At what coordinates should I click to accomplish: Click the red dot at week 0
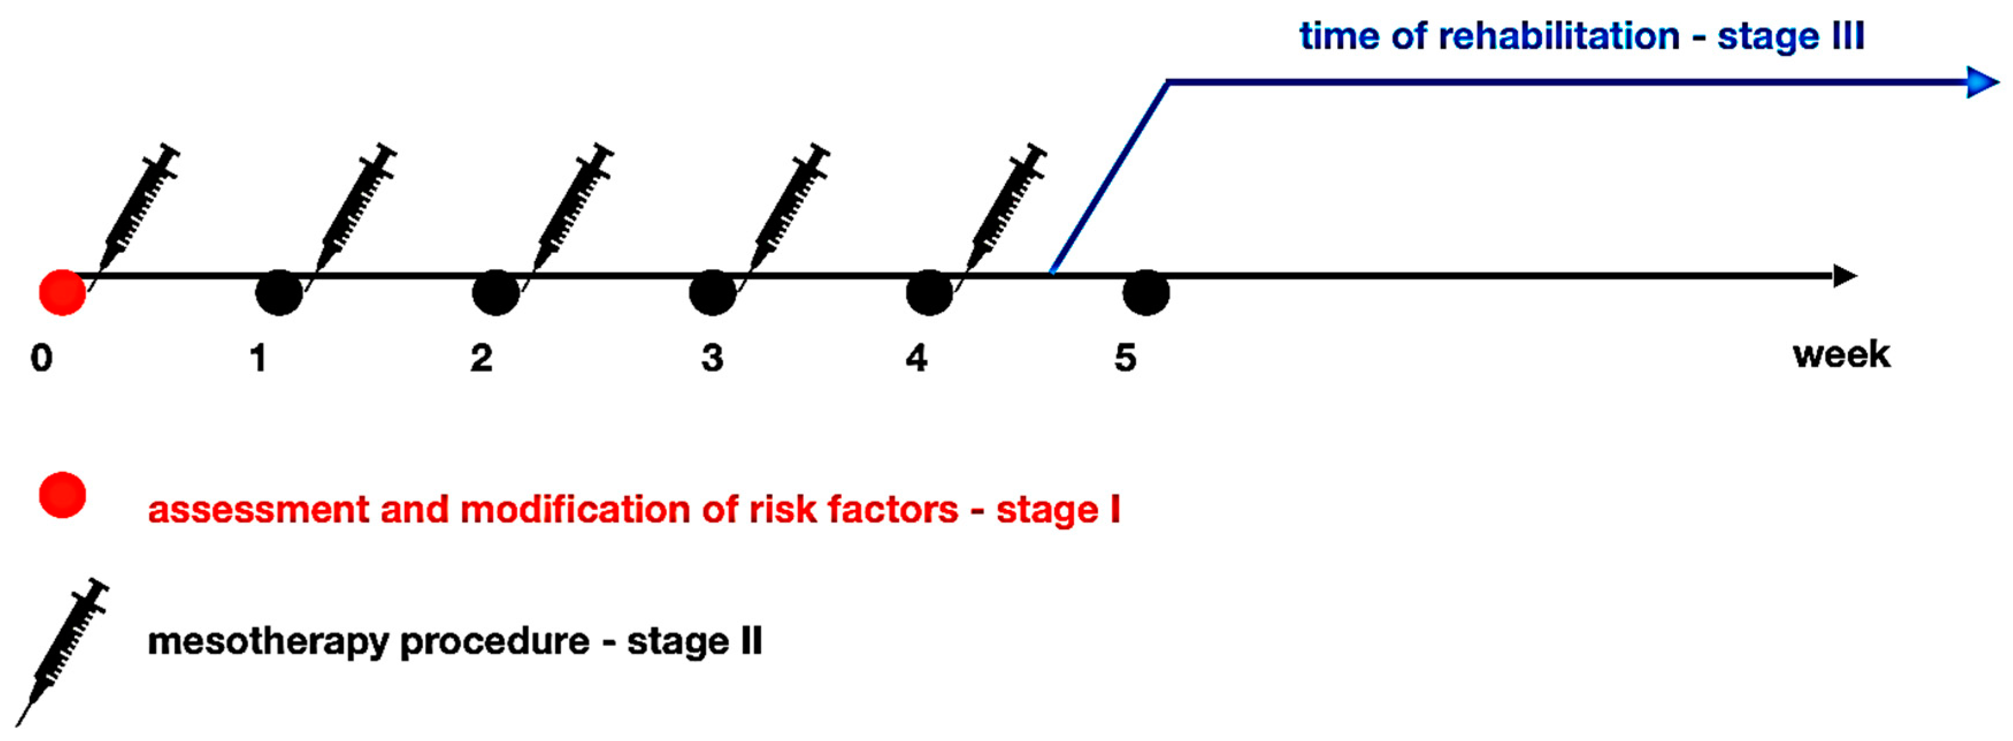(x=63, y=293)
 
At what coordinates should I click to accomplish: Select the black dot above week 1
(x=279, y=293)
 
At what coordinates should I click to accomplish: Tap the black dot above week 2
(x=496, y=293)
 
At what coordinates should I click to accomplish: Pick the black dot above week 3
(x=712, y=293)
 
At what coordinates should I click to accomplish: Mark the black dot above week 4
(x=929, y=293)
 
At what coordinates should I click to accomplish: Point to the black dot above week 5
(x=1145, y=293)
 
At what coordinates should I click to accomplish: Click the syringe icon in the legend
(x=63, y=652)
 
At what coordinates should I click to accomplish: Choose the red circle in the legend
(x=63, y=495)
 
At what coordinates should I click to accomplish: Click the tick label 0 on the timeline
(x=41, y=358)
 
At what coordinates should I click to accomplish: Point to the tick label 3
(x=712, y=358)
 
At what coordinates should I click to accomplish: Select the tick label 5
(x=1125, y=358)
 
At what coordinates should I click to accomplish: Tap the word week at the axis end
(x=1841, y=355)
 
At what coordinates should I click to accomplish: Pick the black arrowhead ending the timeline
(x=1845, y=276)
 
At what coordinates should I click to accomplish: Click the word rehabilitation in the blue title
(x=1558, y=37)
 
